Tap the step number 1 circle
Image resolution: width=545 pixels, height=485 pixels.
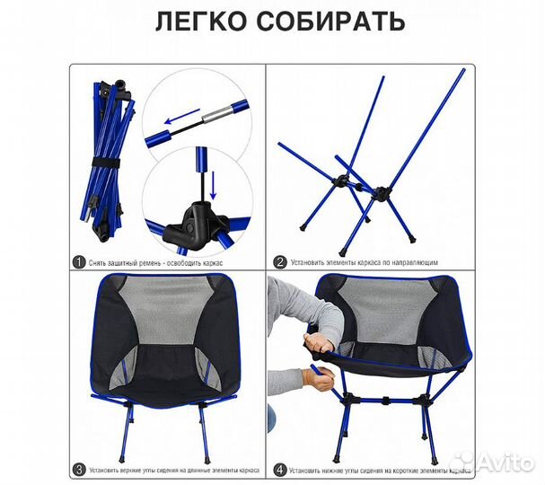point(80,262)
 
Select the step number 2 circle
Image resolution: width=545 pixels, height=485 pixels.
point(280,262)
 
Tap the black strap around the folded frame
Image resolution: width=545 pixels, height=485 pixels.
point(107,163)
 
